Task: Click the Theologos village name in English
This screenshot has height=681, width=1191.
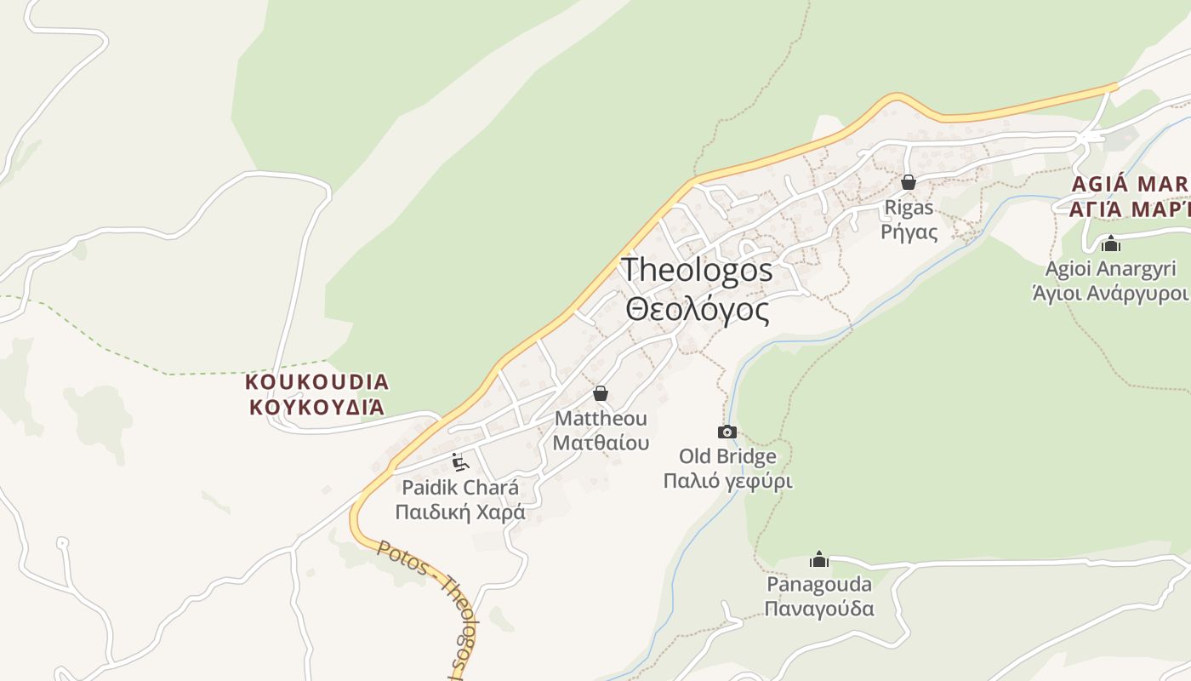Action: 698,271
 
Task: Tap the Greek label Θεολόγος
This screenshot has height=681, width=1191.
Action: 698,309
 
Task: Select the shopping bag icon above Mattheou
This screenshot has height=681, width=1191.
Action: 601,393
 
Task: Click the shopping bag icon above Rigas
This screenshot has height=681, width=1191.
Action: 909,182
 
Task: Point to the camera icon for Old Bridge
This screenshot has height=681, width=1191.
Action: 727,432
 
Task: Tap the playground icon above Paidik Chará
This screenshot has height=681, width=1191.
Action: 460,462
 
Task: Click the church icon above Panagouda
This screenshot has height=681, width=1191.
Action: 819,559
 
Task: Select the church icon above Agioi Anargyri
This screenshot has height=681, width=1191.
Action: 1110,244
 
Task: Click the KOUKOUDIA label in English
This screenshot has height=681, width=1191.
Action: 316,381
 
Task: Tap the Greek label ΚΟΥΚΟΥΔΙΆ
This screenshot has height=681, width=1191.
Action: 316,407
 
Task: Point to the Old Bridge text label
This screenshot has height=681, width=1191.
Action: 727,457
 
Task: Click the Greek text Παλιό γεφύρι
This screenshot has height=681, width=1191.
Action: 727,481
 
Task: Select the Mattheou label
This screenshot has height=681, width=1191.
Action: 601,419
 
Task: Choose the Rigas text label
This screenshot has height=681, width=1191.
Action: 909,208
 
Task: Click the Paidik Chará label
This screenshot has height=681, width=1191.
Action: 460,489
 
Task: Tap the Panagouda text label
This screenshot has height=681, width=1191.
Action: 819,585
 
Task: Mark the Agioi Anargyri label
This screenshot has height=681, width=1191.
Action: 1110,269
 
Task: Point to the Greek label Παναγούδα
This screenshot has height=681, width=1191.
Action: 819,609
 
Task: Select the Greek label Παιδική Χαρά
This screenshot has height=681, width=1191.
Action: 460,512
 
